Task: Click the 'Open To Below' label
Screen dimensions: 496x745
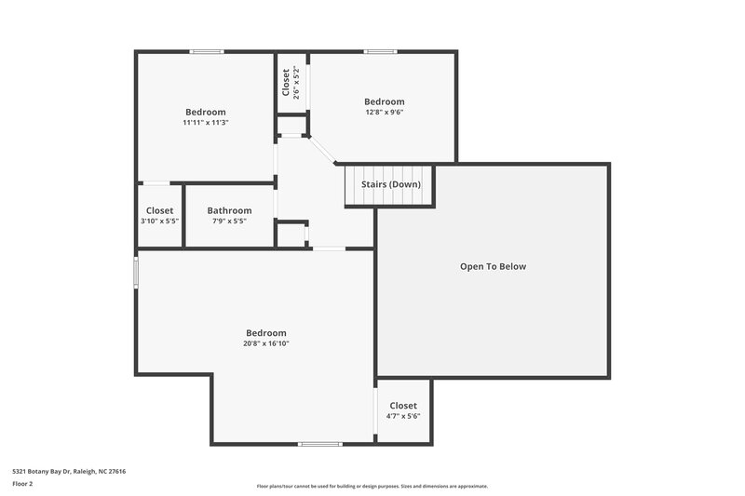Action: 493,267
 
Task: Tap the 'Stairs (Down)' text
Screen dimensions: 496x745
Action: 391,184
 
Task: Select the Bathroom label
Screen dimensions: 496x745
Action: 229,210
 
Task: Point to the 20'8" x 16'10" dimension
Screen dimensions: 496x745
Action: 266,343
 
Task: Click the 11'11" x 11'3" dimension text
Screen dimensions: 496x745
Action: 206,122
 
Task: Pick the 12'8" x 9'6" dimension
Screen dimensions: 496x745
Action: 384,112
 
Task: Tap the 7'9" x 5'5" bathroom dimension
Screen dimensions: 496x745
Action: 229,221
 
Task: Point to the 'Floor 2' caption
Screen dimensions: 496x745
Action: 23,484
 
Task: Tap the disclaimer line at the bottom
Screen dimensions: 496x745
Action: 372,486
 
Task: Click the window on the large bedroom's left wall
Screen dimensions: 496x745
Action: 137,273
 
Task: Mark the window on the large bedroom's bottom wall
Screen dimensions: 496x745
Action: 319,444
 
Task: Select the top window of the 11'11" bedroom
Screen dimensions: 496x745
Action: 207,51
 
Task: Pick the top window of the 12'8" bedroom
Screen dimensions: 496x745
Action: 380,51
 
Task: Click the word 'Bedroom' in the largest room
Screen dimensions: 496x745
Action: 266,333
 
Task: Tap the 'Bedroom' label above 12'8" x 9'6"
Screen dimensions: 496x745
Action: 384,101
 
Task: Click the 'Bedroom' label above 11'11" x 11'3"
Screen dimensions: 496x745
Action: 206,112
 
